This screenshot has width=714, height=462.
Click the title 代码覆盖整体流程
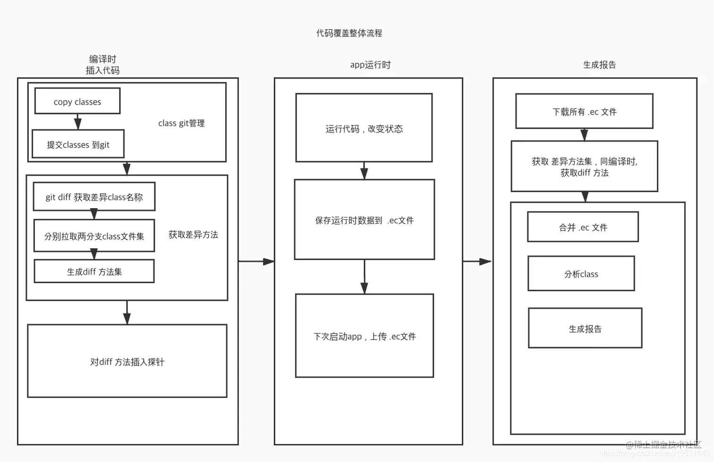(349, 33)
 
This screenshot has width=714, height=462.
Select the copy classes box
(77, 101)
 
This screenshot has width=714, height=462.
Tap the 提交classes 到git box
(78, 144)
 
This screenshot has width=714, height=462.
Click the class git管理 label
(181, 123)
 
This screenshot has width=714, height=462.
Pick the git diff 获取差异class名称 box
(94, 197)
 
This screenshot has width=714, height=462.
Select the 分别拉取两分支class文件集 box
(94, 236)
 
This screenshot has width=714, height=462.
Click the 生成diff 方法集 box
(94, 271)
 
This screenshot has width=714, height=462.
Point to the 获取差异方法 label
(193, 235)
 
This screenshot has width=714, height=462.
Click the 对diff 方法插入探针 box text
(127, 362)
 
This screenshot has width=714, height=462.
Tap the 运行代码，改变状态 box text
(364, 129)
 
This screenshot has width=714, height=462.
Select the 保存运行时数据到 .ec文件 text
(364, 220)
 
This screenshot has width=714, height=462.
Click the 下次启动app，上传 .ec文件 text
(364, 336)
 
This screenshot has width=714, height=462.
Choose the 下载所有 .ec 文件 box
(584, 112)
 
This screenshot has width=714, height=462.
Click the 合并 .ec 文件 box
(583, 227)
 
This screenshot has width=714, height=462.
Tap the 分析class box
(581, 274)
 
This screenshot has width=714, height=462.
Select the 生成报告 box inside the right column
(585, 329)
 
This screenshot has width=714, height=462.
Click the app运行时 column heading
(370, 65)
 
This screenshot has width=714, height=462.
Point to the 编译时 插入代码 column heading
(102, 65)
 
